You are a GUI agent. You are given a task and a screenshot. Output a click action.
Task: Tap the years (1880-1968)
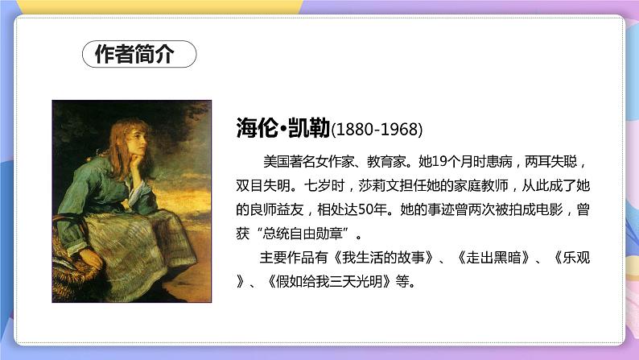[377, 130]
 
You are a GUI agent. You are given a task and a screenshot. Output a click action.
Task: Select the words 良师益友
[278, 208]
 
